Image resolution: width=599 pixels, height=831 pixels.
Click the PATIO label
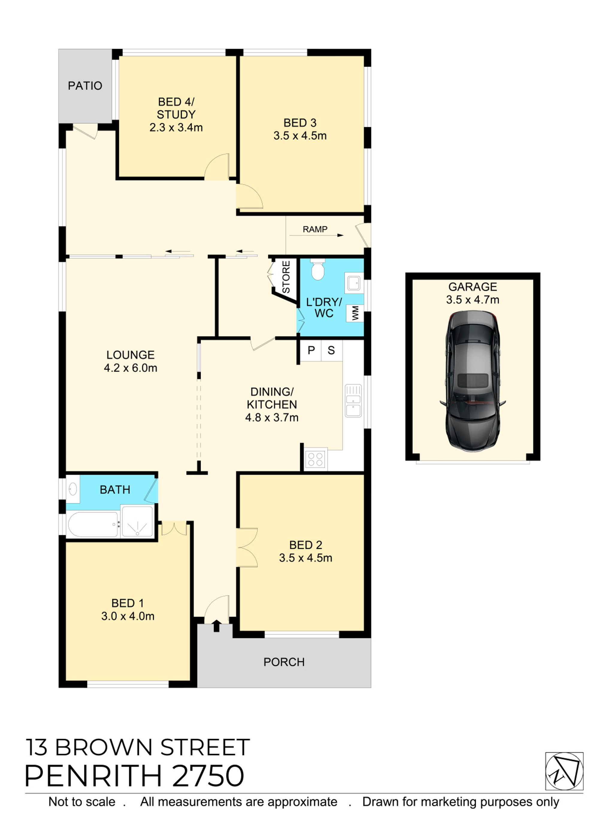85,86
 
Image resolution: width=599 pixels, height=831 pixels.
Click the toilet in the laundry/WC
317,271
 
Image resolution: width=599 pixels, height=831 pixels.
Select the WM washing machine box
355,313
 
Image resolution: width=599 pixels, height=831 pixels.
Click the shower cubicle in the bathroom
137,521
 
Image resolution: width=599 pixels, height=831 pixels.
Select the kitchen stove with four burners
315,459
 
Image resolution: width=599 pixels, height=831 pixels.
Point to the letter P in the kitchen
311,350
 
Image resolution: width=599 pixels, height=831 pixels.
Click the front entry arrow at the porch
216,626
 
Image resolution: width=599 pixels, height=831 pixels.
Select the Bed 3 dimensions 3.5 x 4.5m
300,136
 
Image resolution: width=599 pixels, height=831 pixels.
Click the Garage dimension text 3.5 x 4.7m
472,300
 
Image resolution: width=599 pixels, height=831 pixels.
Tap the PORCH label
284,662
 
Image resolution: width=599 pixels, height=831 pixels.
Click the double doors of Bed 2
247,547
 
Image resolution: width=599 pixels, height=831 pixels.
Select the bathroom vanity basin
73,489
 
